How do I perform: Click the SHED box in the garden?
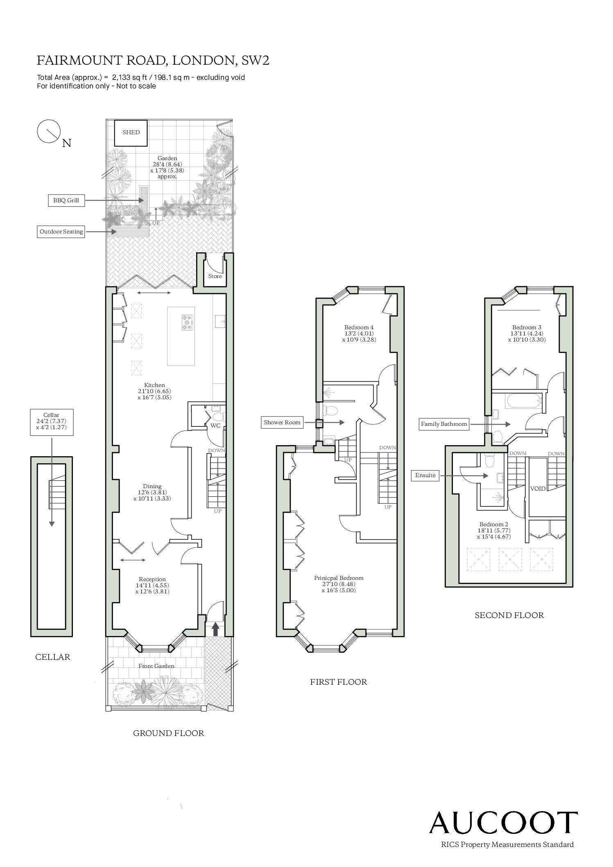pos(131,133)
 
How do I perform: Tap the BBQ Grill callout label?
pos(66,201)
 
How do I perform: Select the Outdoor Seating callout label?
pos(61,231)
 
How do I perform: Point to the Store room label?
pos(215,276)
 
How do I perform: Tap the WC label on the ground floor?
pos(215,426)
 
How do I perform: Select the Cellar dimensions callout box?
pos(52,422)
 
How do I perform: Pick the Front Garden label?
pos(156,666)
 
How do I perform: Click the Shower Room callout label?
pos(282,422)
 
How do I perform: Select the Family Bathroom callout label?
pos(444,424)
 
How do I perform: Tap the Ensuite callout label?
pos(425,475)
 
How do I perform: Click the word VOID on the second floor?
pos(538,489)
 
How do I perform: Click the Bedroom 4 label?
pos(359,327)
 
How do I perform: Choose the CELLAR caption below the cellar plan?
pos(53,657)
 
